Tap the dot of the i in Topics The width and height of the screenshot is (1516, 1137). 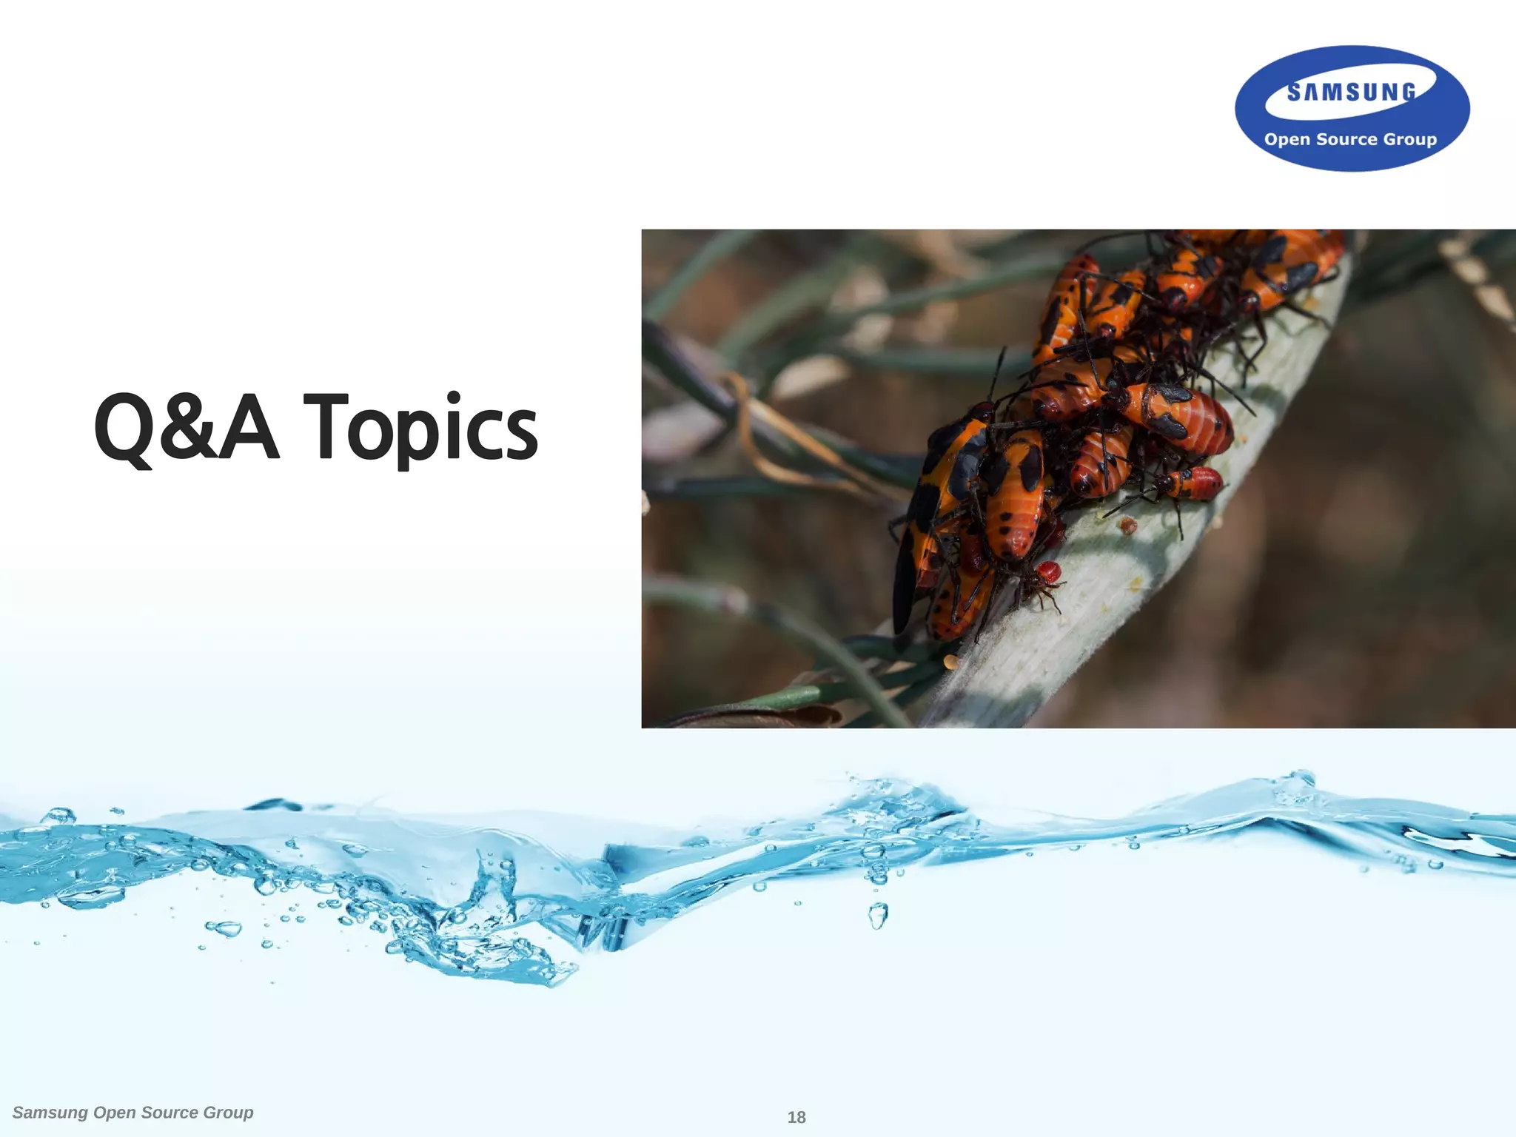pyautogui.click(x=453, y=397)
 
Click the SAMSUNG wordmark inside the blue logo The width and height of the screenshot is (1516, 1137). pyautogui.click(x=1351, y=93)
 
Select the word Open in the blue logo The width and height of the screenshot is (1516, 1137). pyautogui.click(x=1287, y=139)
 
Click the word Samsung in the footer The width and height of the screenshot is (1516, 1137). pyautogui.click(x=50, y=1113)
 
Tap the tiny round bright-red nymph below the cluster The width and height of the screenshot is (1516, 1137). pyautogui.click(x=1048, y=571)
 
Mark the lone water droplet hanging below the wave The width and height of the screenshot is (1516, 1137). pyautogui.click(x=877, y=916)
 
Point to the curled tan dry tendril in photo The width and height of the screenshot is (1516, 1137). pyautogui.click(x=770, y=437)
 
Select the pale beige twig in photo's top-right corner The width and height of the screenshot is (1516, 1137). pyautogui.click(x=1477, y=278)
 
